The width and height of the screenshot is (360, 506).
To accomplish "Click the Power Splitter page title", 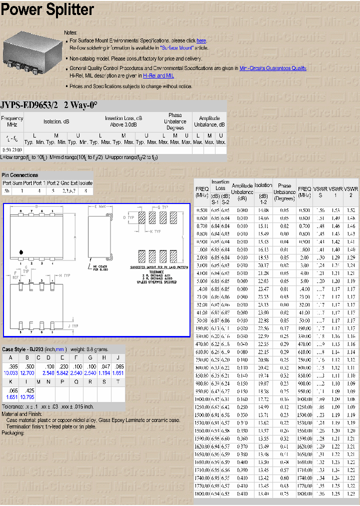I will pos(47,9).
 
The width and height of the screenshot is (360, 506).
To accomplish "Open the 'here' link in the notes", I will pos(201,40).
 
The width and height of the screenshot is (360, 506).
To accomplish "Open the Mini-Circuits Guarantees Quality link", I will pos(272,68).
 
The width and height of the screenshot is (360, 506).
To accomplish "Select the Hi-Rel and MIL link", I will pos(158,75).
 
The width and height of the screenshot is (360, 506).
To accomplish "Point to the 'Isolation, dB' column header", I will pos(56,121).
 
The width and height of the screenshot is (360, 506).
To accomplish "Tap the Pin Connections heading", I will pos(20,175).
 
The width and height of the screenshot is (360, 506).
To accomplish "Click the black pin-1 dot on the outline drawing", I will pos(20,251).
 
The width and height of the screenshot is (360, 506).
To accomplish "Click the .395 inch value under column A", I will pos(10,366).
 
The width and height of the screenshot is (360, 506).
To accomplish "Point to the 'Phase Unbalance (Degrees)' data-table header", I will pos(284,192).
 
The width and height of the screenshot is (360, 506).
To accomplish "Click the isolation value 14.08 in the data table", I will pos(263,210).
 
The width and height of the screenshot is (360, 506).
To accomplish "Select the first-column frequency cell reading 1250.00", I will pos(202,407).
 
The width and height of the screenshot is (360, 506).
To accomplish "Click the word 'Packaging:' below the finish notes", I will pos(13,432).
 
